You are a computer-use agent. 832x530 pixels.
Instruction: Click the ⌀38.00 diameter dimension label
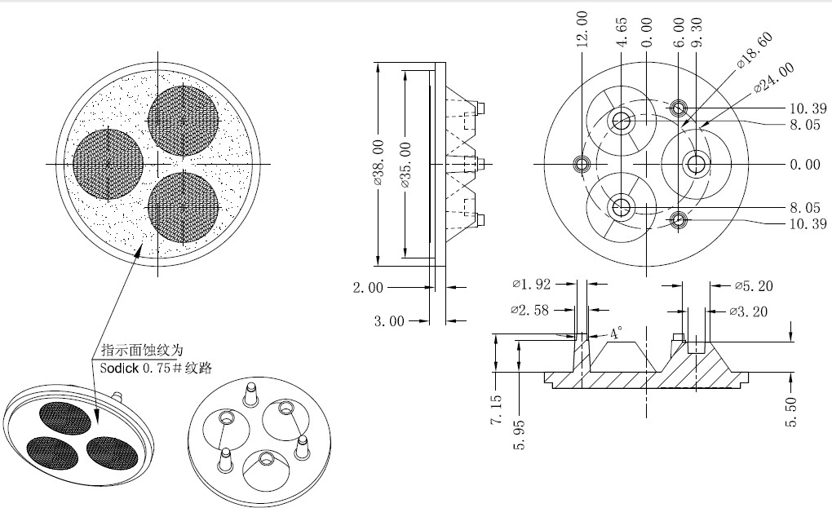click(x=378, y=162)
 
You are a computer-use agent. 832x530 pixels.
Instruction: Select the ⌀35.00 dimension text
click(x=406, y=165)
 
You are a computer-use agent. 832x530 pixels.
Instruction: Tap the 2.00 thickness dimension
click(x=368, y=288)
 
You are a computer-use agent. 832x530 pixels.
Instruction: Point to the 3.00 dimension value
click(x=389, y=321)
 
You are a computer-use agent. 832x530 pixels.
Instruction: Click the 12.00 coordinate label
click(x=582, y=29)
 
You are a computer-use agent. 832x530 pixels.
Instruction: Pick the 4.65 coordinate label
click(x=622, y=33)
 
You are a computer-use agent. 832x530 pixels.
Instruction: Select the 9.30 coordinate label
click(x=697, y=33)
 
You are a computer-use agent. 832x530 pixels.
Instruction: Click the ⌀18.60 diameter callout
click(x=755, y=51)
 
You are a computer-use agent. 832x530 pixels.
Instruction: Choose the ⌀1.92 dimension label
click(x=532, y=285)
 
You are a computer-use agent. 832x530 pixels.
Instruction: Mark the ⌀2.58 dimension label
click(x=529, y=310)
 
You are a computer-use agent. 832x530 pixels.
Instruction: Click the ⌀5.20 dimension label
click(x=754, y=286)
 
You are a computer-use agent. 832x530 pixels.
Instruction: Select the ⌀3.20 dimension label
click(x=748, y=311)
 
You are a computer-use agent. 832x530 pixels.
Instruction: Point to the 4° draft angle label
click(x=616, y=333)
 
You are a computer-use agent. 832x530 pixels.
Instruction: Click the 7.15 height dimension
click(x=496, y=409)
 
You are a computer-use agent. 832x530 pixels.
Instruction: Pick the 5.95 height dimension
click(x=520, y=435)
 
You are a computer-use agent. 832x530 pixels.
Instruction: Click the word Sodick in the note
click(x=119, y=369)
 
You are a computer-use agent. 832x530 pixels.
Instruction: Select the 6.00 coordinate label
click(x=679, y=33)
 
